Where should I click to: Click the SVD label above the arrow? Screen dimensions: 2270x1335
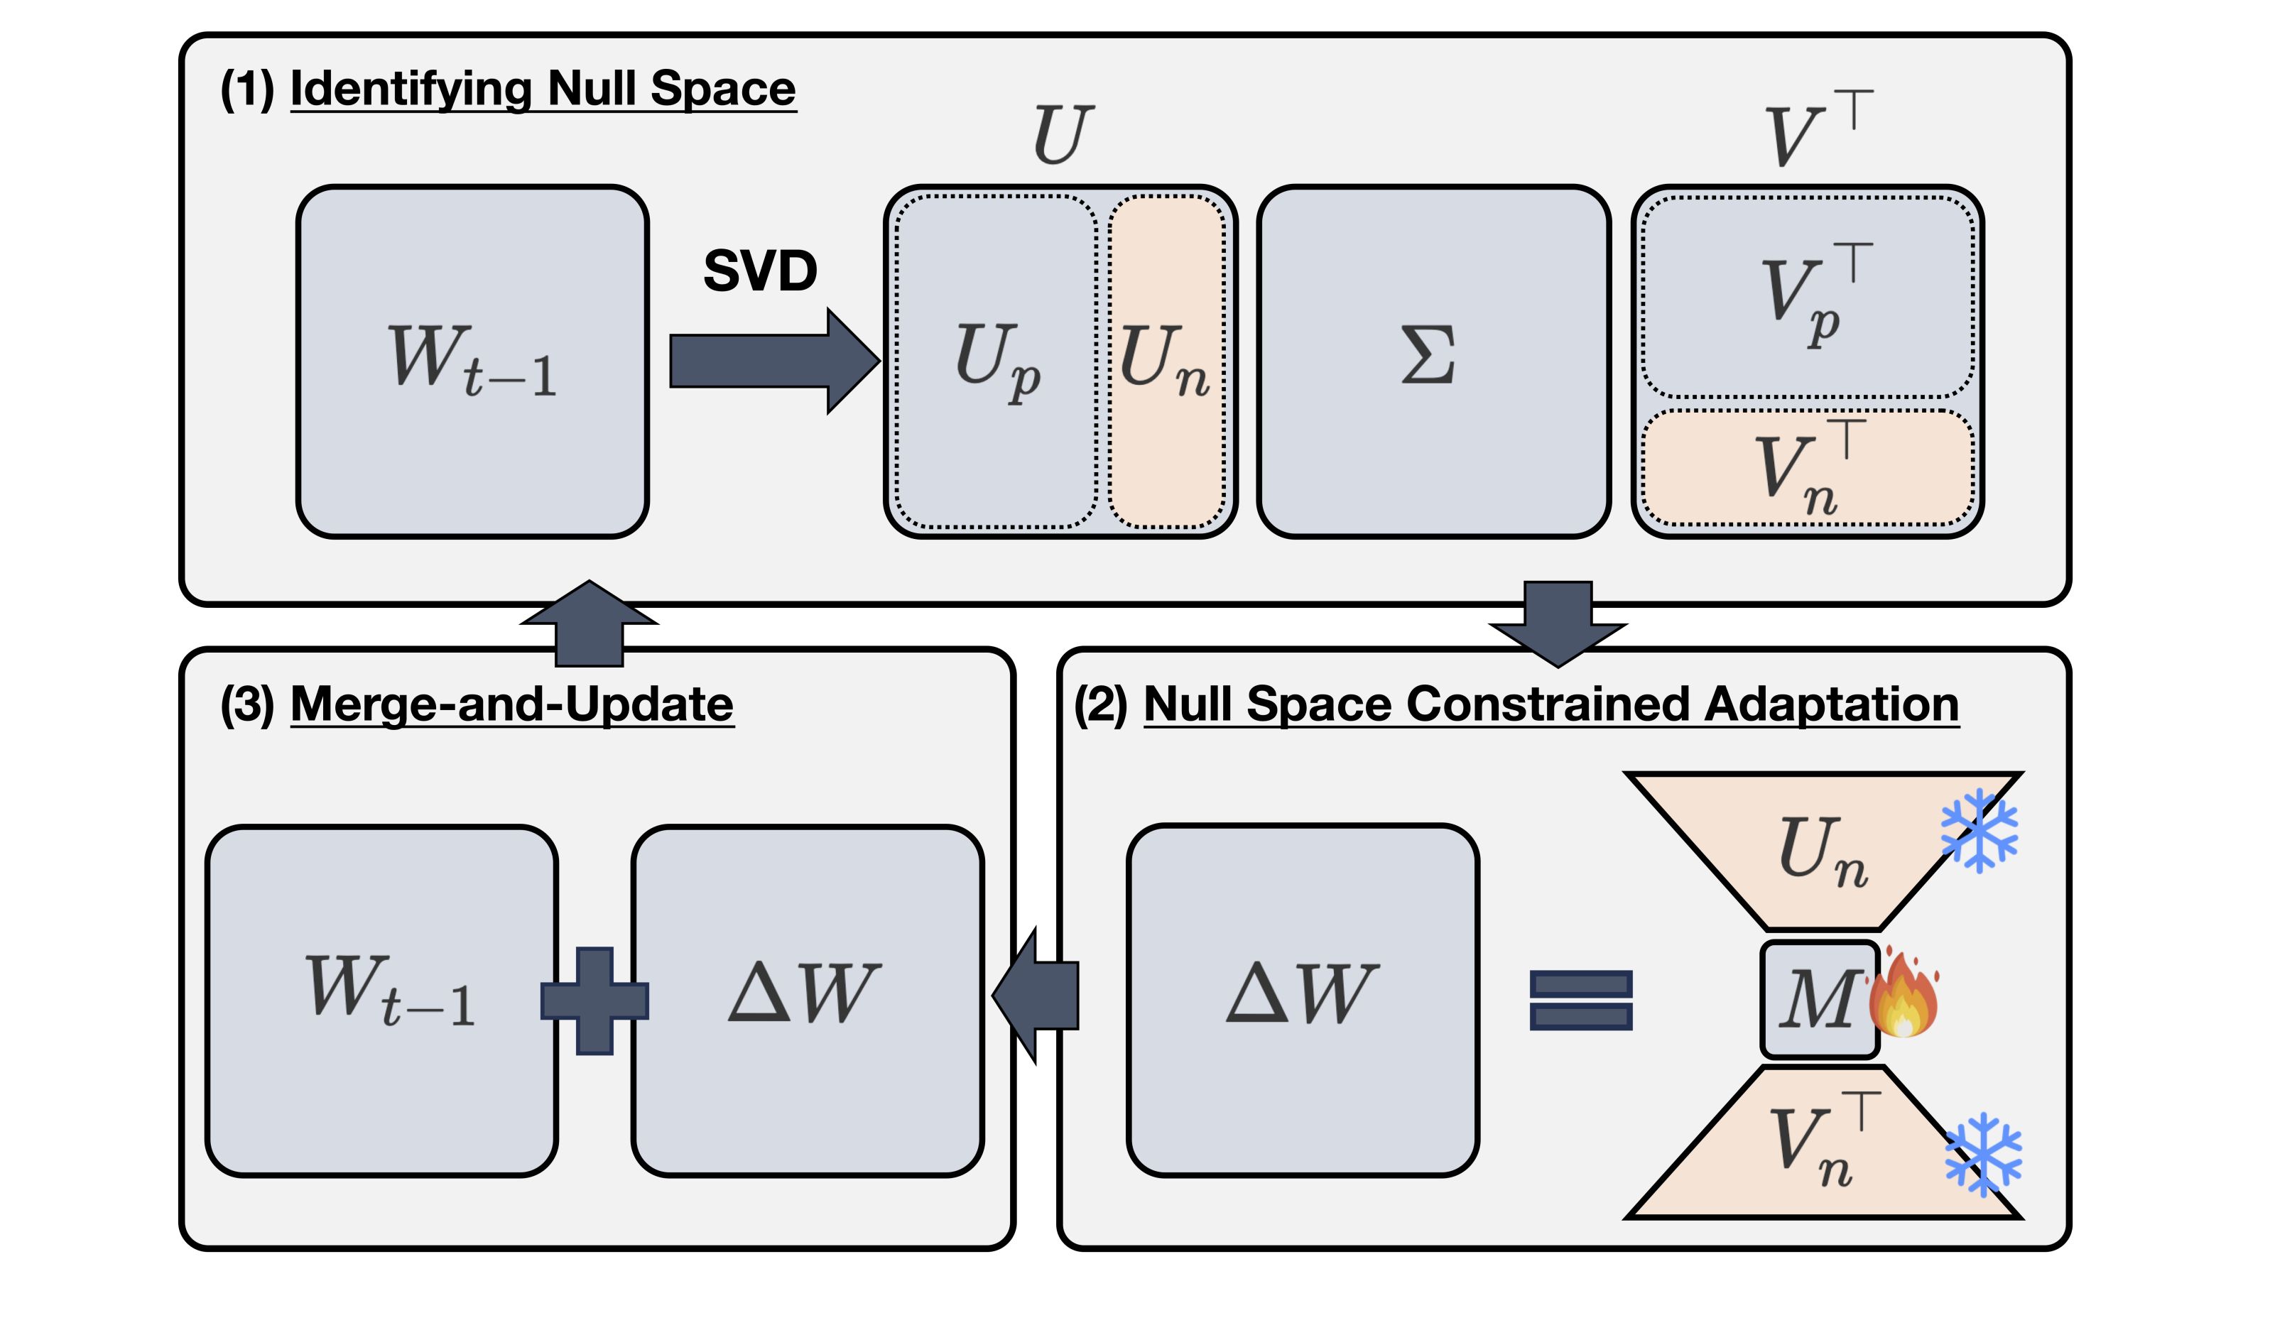pyautogui.click(x=759, y=271)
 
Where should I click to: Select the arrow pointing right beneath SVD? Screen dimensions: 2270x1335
pyautogui.click(x=775, y=361)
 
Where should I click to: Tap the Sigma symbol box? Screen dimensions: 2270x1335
pyautogui.click(x=1433, y=361)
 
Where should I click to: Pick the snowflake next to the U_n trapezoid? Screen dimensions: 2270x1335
pyautogui.click(x=1979, y=831)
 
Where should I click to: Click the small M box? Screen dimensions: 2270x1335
pyautogui.click(x=1820, y=1000)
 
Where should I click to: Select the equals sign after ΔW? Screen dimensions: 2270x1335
pyautogui.click(x=1581, y=1000)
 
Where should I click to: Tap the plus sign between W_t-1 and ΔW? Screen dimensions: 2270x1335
pyautogui.click(x=594, y=1001)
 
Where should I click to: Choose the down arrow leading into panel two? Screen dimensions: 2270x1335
pyautogui.click(x=1558, y=624)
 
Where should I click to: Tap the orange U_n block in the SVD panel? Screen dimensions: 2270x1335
pyautogui.click(x=1166, y=361)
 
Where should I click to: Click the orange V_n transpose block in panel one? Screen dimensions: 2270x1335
pyautogui.click(x=1808, y=467)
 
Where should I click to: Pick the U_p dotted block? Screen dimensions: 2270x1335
pyautogui.click(x=996, y=361)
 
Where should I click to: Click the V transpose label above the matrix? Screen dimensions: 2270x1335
pyautogui.click(x=1818, y=129)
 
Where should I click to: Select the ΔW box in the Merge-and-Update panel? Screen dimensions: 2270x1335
pyautogui.click(x=807, y=1001)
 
